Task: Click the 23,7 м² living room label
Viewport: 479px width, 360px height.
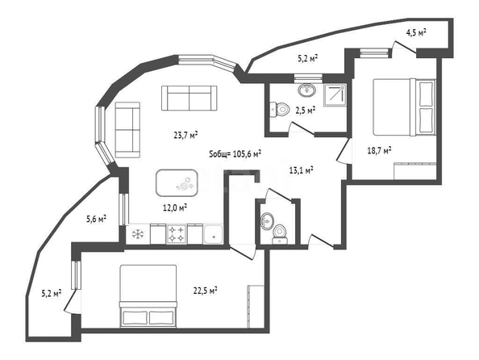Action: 185,135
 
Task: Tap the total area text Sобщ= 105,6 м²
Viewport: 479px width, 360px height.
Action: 235,153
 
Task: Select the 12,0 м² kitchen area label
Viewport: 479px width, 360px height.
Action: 175,208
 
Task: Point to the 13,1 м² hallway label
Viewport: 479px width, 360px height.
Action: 301,170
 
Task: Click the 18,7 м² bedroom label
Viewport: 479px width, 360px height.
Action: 380,150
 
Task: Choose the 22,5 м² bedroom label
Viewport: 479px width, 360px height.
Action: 206,291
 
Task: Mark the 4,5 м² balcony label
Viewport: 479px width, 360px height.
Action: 416,33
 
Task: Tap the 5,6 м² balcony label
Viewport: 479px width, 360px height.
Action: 96,219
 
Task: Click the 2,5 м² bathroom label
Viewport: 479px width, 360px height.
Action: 305,110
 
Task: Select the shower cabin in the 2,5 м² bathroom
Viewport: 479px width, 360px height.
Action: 335,95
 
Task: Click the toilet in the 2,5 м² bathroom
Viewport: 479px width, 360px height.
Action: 280,109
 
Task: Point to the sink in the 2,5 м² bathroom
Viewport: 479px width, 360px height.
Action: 306,90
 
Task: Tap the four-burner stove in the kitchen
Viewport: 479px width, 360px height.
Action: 177,234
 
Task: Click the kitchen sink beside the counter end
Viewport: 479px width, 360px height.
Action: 214,234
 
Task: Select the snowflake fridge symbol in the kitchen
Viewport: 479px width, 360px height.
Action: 138,234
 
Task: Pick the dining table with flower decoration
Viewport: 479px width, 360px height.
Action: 177,183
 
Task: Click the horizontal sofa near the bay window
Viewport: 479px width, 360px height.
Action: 189,98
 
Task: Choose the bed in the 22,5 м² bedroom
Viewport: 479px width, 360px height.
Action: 148,296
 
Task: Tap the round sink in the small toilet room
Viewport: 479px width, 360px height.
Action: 267,220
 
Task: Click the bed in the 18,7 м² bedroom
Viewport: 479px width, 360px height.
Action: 404,107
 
